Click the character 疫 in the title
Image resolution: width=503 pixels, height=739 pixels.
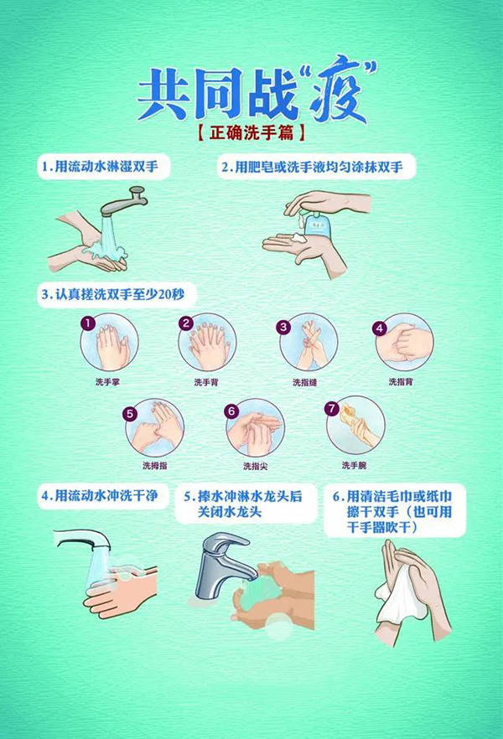point(339,91)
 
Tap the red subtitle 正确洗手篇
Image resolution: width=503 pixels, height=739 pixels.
point(251,132)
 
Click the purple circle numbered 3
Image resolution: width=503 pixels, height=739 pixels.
point(283,327)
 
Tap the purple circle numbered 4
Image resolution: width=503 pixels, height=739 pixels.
point(380,328)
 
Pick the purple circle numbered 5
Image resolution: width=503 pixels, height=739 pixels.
point(130,414)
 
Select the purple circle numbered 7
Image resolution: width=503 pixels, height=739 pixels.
point(332,408)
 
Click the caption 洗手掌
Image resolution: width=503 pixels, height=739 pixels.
point(107,382)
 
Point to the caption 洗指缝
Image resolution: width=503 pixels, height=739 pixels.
point(304,382)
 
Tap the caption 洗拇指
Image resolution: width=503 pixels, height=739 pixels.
point(154,466)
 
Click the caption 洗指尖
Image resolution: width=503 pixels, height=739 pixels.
point(255,466)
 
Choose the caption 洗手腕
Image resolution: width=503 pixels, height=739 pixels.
point(354,466)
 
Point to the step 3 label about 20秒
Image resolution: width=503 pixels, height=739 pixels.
point(113,295)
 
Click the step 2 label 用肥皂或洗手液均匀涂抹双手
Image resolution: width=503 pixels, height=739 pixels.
point(313,167)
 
